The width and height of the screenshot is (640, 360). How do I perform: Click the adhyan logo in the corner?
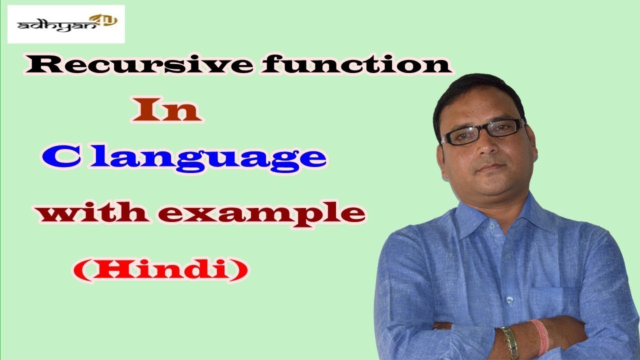(66, 23)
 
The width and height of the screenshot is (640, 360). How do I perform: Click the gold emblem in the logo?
(107, 20)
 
